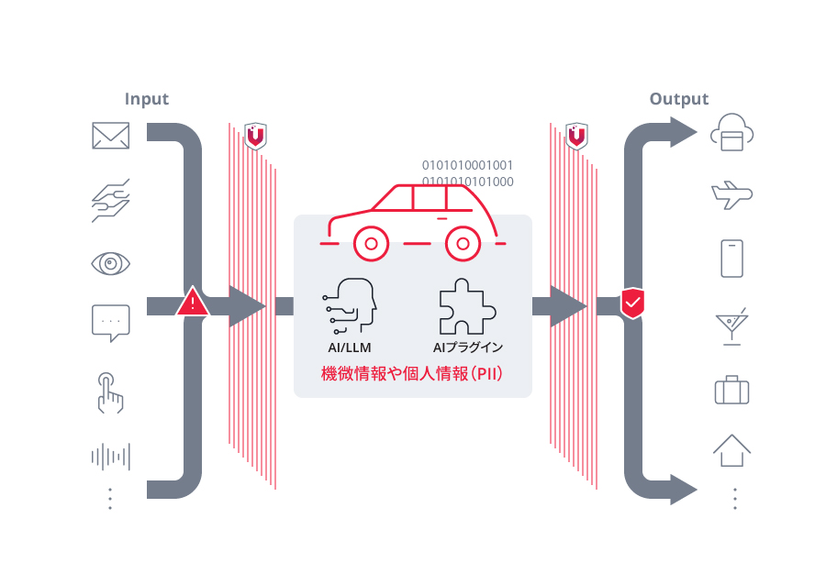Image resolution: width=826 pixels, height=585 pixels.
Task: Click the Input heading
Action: (x=147, y=99)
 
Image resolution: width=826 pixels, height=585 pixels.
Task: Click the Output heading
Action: (x=679, y=99)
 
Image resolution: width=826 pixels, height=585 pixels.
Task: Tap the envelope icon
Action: (x=111, y=136)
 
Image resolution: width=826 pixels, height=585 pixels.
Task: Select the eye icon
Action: (x=111, y=264)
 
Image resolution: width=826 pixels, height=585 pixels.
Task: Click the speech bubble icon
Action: (x=111, y=323)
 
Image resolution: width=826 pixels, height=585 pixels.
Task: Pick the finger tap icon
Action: (x=110, y=392)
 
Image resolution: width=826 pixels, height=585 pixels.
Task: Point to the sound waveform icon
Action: (x=111, y=457)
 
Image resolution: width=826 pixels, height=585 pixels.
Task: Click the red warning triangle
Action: (x=192, y=303)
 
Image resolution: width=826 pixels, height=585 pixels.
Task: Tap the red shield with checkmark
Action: (x=632, y=303)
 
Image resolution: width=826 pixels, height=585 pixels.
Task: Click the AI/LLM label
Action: (x=350, y=348)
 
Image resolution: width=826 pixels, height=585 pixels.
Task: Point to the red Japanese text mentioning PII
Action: (x=412, y=374)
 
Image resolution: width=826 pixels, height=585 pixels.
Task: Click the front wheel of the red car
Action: (x=370, y=244)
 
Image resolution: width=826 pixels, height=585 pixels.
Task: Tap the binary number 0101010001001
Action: (x=467, y=165)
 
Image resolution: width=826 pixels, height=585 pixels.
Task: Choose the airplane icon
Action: (x=731, y=194)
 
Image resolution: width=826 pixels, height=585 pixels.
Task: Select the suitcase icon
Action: (x=731, y=390)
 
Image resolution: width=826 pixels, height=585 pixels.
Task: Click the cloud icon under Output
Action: (x=731, y=134)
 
